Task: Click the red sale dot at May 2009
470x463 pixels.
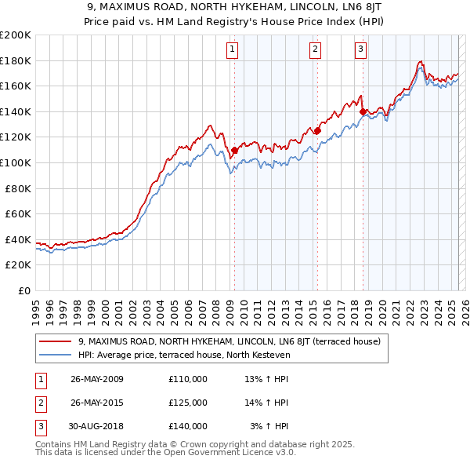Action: point(234,150)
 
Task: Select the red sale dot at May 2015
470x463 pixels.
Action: point(317,131)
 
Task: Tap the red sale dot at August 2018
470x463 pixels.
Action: point(363,111)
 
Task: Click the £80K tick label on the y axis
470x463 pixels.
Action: point(18,188)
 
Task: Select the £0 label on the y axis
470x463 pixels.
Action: point(24,290)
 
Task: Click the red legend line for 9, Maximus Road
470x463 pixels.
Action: point(55,341)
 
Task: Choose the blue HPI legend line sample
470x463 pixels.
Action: point(55,355)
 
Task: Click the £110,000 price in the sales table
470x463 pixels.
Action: point(187,378)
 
